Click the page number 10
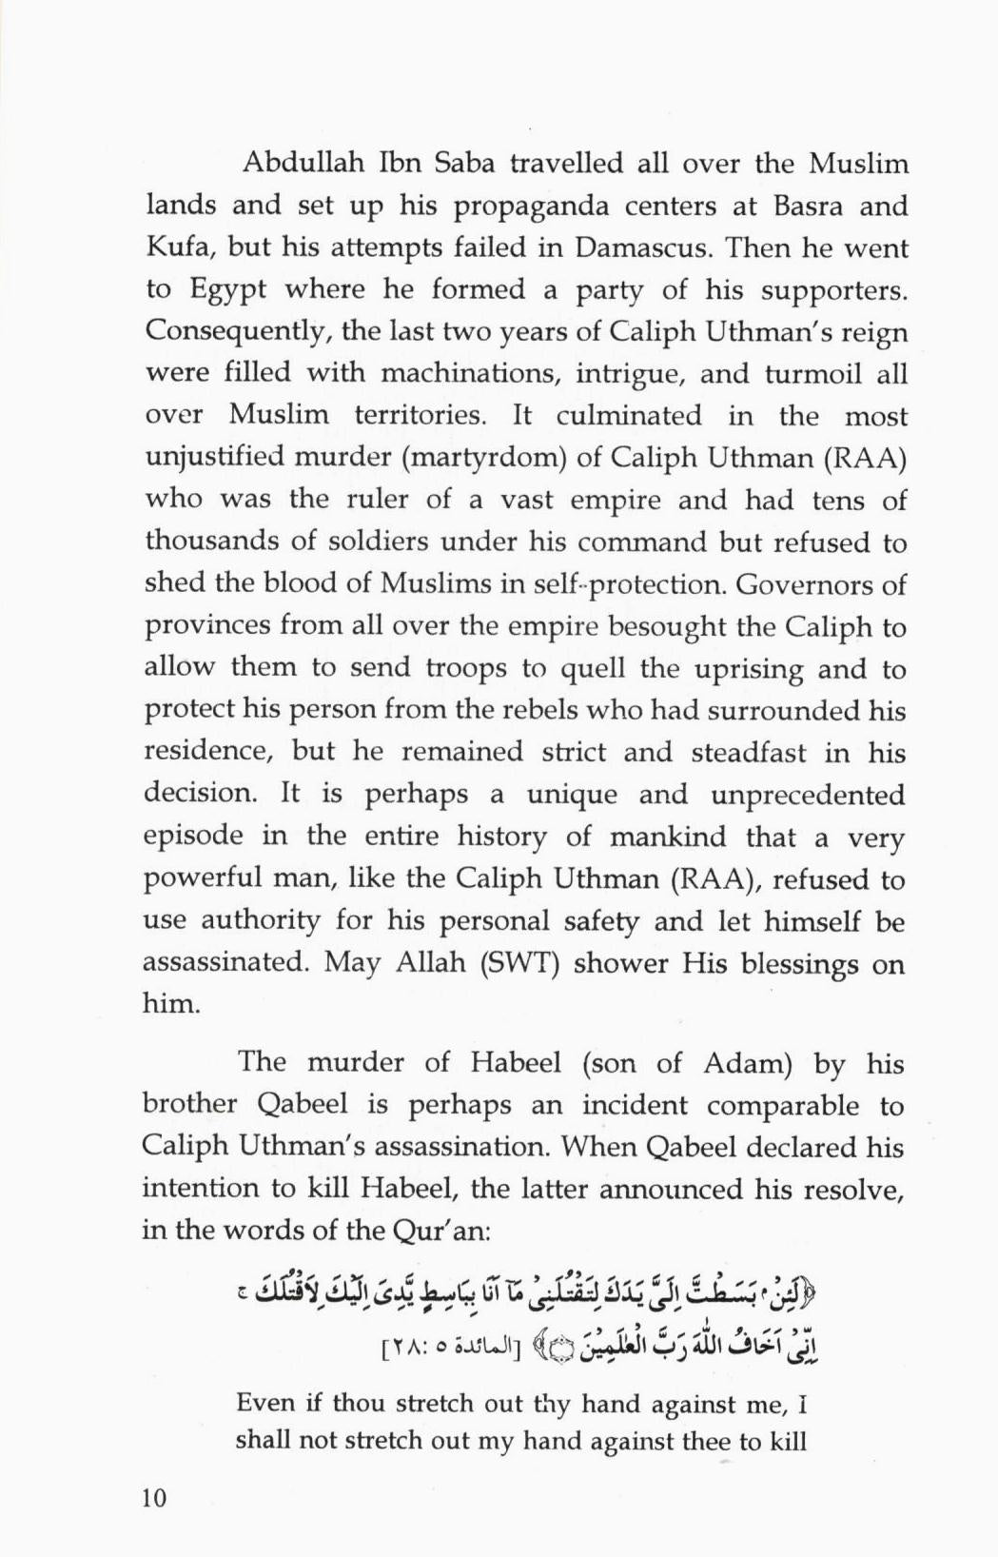154,1498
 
